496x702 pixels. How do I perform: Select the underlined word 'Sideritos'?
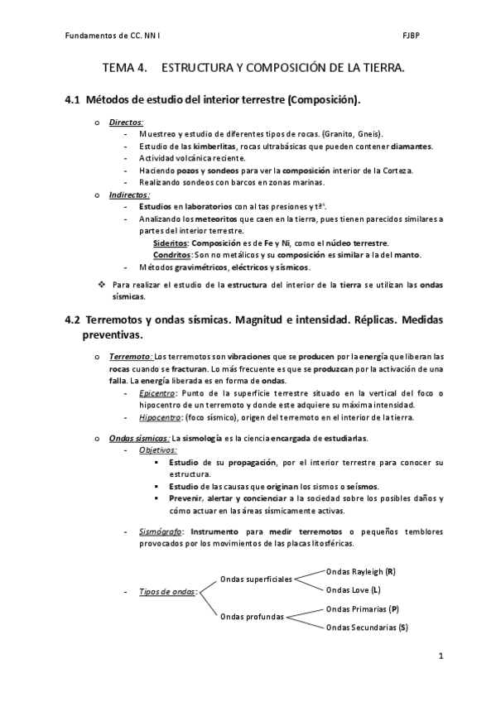171,243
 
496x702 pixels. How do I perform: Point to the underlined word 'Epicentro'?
157,392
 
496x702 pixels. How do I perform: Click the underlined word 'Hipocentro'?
160,417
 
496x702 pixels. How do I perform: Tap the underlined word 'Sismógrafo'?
161,531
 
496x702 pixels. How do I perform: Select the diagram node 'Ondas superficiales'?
256,579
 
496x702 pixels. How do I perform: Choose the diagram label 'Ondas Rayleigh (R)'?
360,571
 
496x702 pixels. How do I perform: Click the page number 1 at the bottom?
441,656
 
